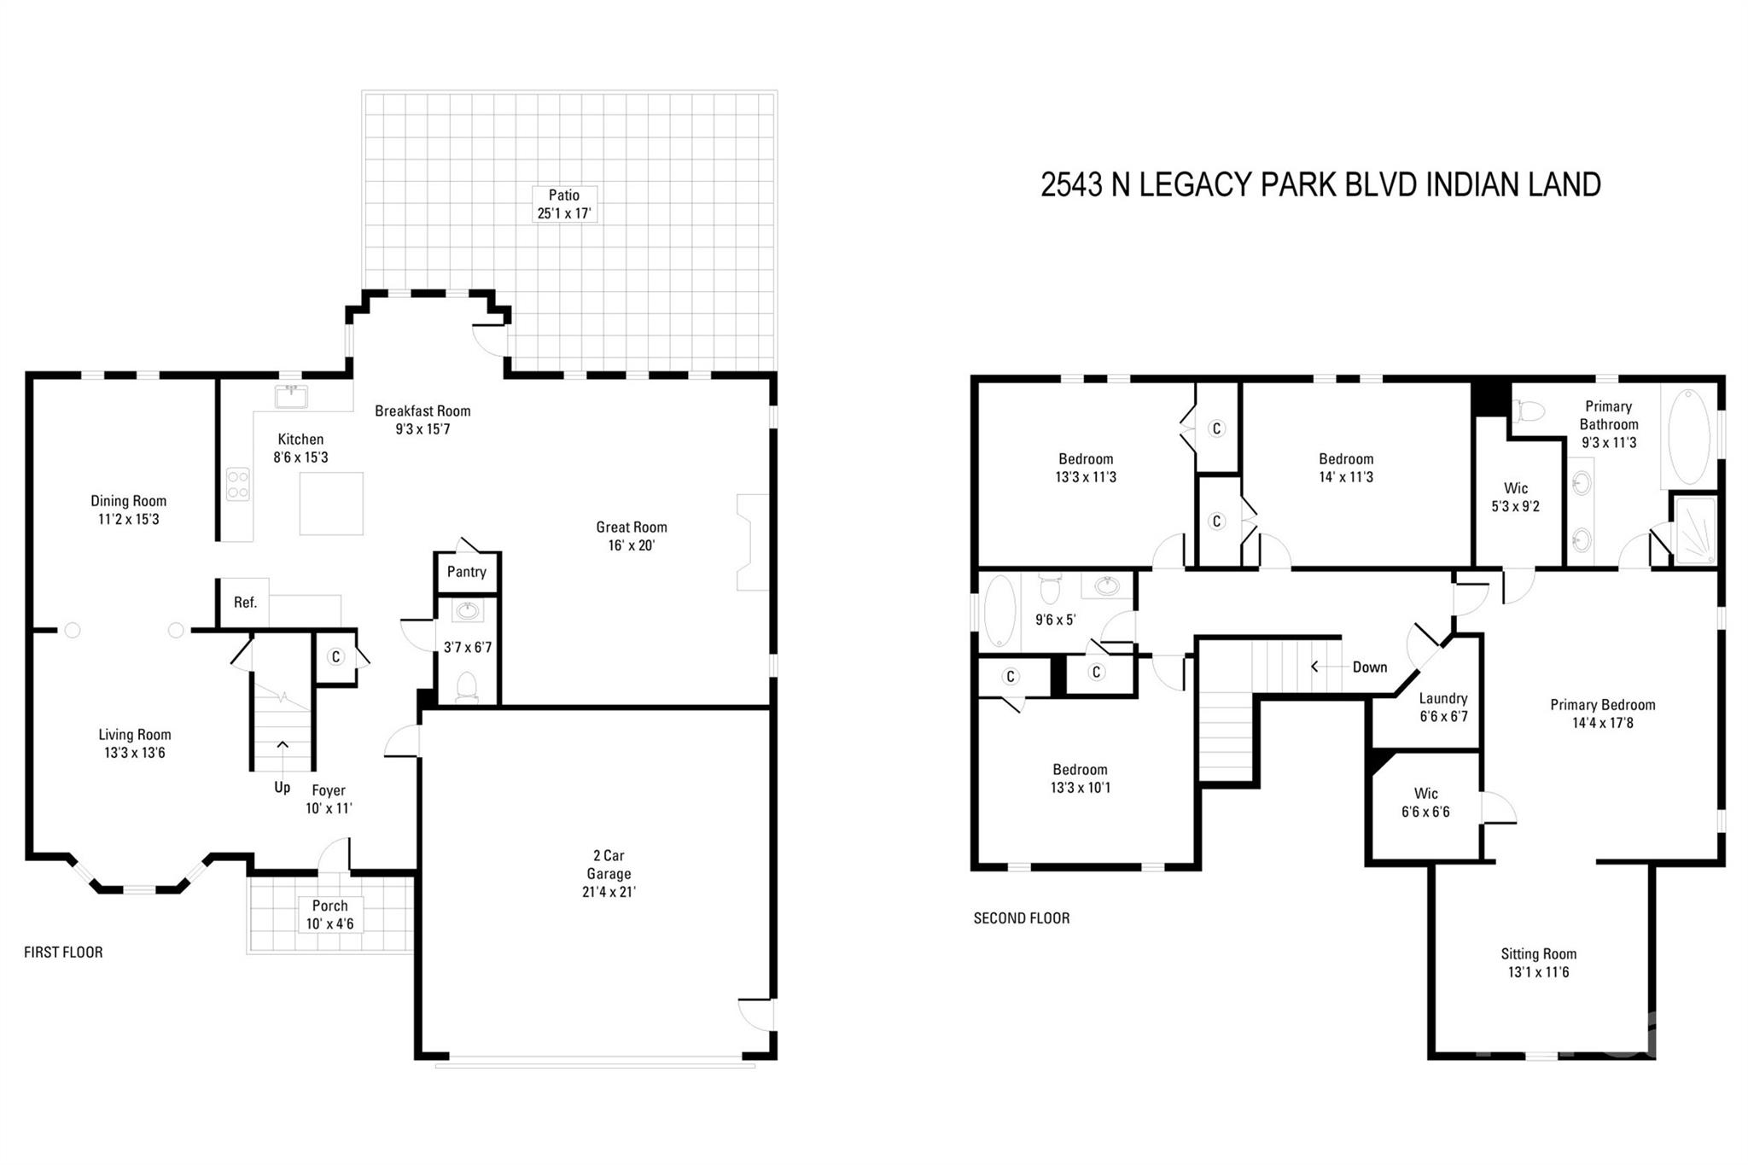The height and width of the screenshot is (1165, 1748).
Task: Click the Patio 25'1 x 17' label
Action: (x=563, y=205)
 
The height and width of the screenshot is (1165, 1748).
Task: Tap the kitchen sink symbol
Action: (x=291, y=397)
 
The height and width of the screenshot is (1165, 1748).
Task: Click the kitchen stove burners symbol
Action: (x=238, y=484)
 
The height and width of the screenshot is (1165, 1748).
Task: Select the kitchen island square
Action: (x=331, y=504)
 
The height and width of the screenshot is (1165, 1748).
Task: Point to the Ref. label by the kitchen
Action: (x=245, y=603)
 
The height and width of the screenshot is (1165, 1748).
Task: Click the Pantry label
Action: (x=466, y=572)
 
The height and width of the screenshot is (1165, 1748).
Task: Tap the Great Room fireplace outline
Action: (x=752, y=542)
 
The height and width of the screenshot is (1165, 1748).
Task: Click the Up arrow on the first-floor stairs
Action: (x=283, y=745)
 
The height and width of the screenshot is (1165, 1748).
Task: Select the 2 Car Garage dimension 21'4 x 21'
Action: (x=609, y=892)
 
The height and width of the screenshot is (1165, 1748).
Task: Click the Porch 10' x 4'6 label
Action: (x=329, y=914)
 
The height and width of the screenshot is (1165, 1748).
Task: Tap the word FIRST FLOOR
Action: (x=63, y=952)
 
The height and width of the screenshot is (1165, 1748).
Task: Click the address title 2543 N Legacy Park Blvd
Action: (x=1320, y=185)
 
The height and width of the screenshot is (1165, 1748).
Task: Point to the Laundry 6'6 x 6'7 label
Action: (x=1443, y=708)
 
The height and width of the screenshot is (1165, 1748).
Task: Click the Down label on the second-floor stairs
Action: (x=1369, y=667)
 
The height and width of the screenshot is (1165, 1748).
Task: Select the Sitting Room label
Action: (x=1538, y=954)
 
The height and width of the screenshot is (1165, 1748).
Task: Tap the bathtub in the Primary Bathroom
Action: (x=1688, y=437)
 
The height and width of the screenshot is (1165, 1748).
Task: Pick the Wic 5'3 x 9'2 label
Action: (x=1515, y=497)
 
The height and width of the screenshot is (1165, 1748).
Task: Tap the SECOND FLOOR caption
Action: (x=1021, y=918)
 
